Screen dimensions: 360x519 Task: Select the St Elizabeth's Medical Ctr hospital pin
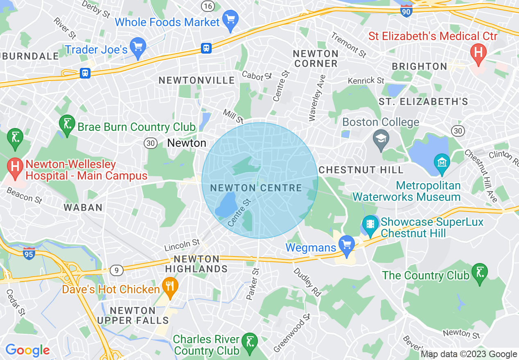[478, 54]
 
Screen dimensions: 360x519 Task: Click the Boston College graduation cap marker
[381, 139]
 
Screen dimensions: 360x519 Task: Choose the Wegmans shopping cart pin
[347, 246]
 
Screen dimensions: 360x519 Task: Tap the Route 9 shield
[117, 270]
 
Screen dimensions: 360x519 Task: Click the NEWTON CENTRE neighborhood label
[256, 188]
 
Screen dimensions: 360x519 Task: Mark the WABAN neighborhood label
[83, 207]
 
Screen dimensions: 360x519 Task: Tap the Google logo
[27, 350]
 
